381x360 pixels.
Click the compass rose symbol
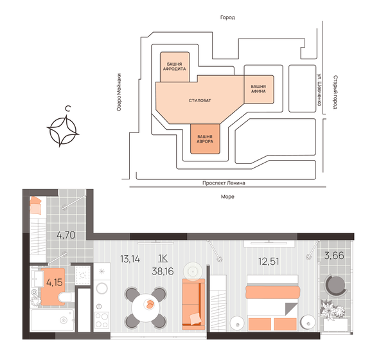64,131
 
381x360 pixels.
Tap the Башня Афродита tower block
174,67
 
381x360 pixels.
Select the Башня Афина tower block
258,89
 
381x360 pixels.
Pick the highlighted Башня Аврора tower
205,139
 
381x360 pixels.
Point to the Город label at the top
227,18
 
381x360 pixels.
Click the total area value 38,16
163,270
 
